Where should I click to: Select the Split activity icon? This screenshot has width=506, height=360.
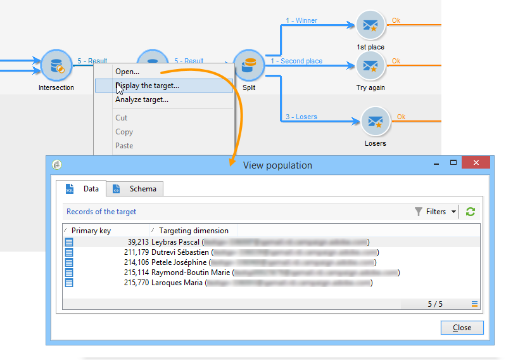[249, 65]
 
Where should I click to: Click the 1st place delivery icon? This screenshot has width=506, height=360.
[370, 26]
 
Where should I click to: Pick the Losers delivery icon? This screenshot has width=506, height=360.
[376, 122]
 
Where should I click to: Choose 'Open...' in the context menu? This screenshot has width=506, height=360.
[127, 72]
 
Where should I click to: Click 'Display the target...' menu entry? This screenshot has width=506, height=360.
[147, 86]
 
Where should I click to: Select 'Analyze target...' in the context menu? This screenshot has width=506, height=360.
[142, 100]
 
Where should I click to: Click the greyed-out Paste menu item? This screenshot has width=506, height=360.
[124, 146]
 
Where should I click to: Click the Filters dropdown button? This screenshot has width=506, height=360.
[436, 212]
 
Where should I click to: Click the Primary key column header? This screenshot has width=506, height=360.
[91, 231]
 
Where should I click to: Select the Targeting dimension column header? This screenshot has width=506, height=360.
[194, 231]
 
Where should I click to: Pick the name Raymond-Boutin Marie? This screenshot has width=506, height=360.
[191, 273]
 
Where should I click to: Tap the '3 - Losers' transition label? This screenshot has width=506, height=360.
[301, 117]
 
